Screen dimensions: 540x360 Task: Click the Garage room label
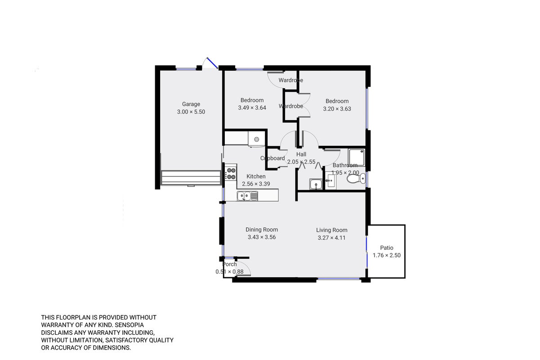(x=191, y=104)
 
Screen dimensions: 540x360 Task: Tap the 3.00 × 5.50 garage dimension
(x=191, y=112)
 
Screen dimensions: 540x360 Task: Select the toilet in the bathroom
(x=356, y=179)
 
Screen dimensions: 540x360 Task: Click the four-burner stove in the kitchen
(x=231, y=174)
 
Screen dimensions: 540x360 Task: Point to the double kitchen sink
(x=247, y=196)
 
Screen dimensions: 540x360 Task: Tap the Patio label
(x=387, y=247)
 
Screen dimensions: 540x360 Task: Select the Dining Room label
(x=262, y=229)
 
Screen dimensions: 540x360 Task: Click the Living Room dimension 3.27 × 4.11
(x=331, y=238)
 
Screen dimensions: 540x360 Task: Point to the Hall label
(x=301, y=154)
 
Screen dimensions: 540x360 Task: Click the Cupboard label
(x=272, y=158)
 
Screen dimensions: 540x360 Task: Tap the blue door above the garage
(x=213, y=63)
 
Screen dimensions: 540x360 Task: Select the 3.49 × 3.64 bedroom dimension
(x=252, y=108)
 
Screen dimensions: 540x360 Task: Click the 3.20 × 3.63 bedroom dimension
(x=337, y=109)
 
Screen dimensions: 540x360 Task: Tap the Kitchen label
(x=256, y=176)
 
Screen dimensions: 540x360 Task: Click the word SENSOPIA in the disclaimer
(x=129, y=325)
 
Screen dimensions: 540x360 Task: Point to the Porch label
(x=230, y=264)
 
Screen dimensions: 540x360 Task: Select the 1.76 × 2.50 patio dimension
(x=387, y=255)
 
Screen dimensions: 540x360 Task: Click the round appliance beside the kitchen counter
(x=256, y=139)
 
